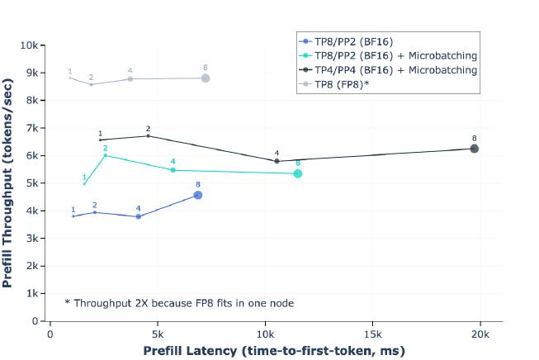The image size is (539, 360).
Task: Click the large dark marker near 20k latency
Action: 475,149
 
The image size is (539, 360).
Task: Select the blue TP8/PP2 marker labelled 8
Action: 197,195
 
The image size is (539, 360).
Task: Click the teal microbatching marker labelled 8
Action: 298,173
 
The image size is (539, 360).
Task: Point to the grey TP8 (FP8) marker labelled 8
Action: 205,78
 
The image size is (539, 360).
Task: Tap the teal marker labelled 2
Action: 105,155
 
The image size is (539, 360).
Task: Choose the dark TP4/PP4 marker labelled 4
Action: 277,161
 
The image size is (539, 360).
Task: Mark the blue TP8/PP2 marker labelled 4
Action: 138,216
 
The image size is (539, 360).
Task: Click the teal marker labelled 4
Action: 173,170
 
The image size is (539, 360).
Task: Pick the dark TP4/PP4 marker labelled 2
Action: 148,136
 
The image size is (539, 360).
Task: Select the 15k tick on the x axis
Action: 371,334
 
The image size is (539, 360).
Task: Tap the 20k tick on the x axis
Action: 480,334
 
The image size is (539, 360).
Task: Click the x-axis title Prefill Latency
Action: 274,351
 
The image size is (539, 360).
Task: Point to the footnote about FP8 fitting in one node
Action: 179,303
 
